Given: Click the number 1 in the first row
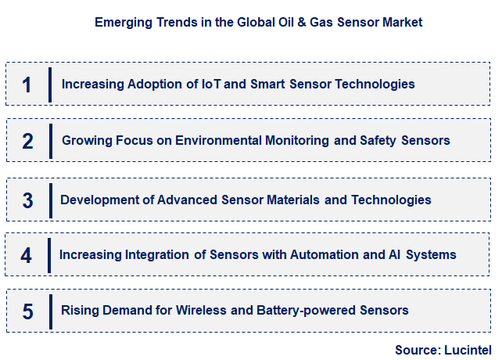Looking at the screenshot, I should tap(27, 85).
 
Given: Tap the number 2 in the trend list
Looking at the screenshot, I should tap(27, 142).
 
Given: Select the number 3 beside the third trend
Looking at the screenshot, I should tap(27, 200).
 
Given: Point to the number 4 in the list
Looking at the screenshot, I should tap(27, 256).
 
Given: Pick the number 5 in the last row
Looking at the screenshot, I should tap(27, 311).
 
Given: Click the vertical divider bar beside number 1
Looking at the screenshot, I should tap(50, 85).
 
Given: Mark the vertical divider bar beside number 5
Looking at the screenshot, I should tap(50, 311).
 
